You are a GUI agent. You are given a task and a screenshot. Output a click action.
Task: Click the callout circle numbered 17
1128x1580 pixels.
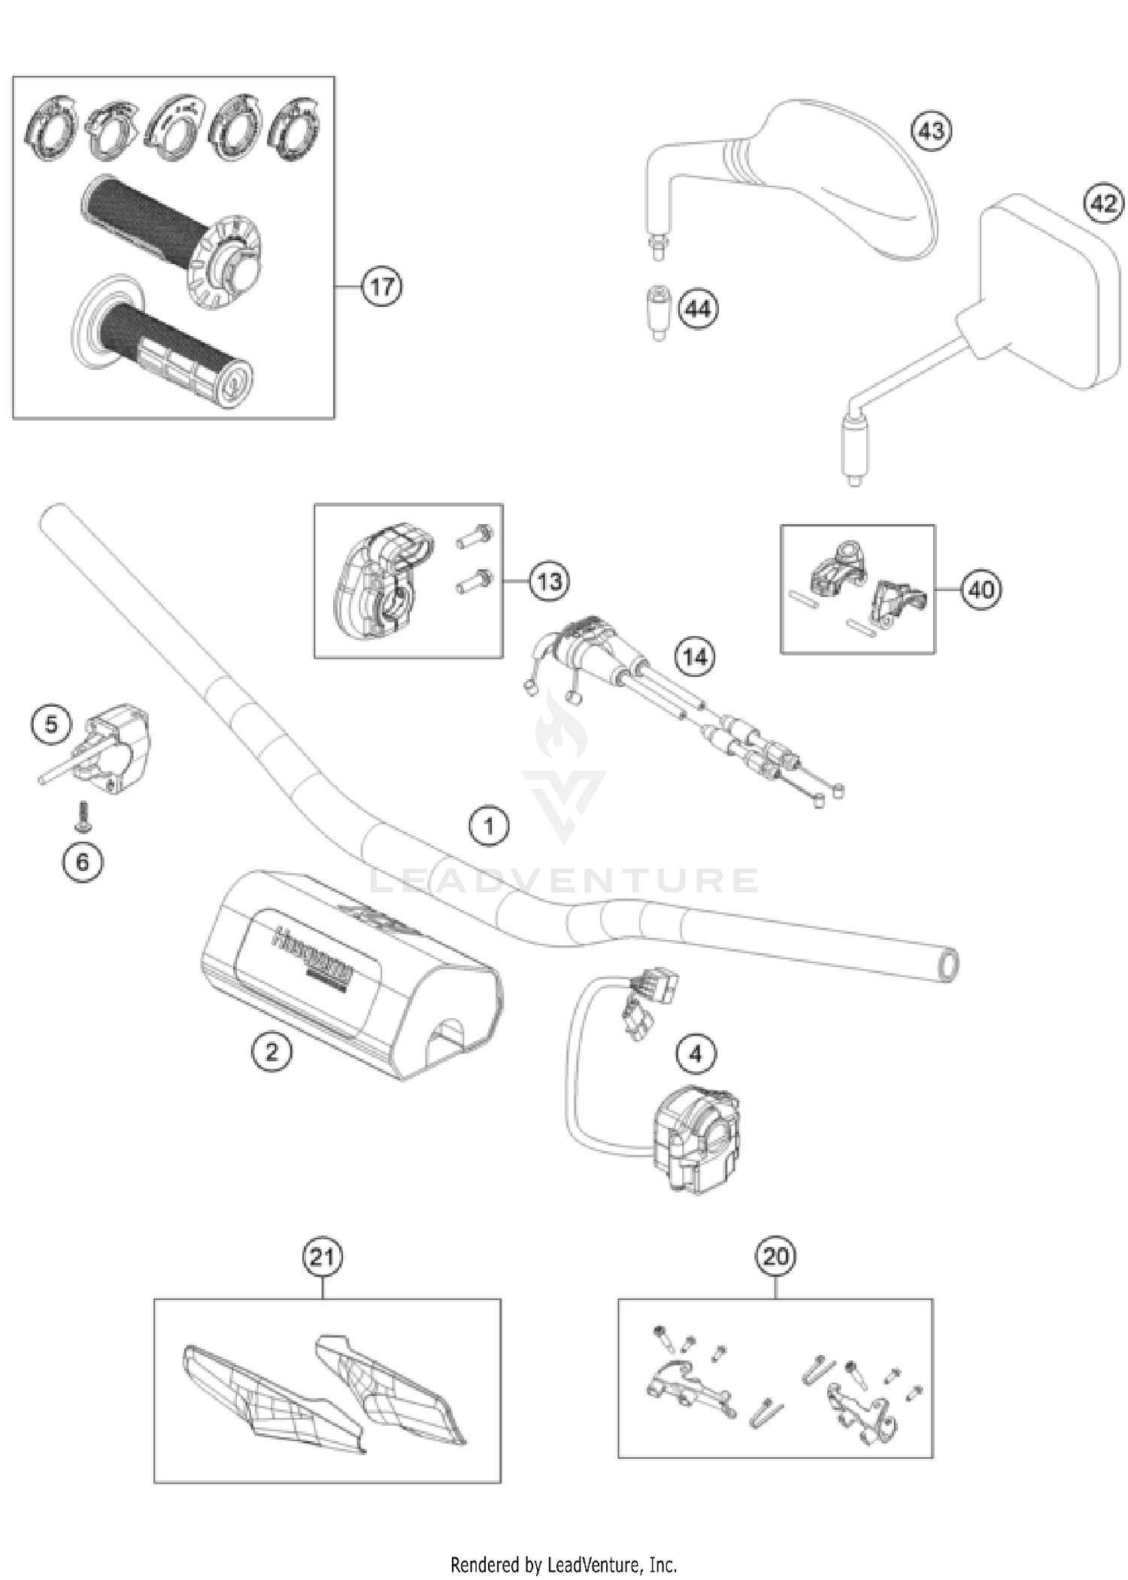(x=381, y=287)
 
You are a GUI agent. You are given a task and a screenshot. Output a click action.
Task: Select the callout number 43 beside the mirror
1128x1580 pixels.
(x=931, y=131)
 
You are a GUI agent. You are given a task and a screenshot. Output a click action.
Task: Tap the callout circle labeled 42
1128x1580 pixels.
(x=1103, y=202)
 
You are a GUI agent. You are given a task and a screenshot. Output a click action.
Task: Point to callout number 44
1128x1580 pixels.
(x=698, y=309)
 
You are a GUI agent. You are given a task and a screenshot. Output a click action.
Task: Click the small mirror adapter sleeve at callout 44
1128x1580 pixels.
(x=660, y=312)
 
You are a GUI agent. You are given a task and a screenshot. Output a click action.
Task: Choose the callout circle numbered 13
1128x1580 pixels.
(x=549, y=581)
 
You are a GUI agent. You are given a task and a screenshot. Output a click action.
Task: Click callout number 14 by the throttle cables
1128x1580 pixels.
(x=694, y=657)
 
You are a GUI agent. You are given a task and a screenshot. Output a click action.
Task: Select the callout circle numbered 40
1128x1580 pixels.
(x=981, y=589)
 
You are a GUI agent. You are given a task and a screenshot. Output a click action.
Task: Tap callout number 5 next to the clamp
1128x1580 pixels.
(x=50, y=724)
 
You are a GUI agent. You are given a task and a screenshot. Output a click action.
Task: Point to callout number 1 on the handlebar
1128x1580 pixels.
(x=489, y=826)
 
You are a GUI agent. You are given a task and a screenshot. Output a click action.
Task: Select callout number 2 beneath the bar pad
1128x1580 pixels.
(x=271, y=1051)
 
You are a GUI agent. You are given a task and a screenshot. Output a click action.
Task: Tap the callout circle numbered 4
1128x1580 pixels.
(x=695, y=1054)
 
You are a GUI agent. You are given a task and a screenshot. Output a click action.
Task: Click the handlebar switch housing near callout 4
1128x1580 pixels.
(x=696, y=1139)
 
